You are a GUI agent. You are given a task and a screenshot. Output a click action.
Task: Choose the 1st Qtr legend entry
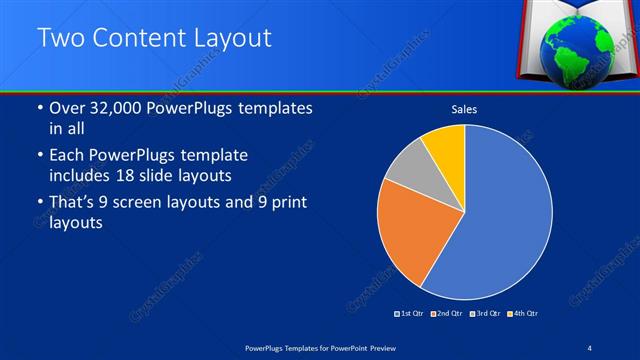(409, 314)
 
